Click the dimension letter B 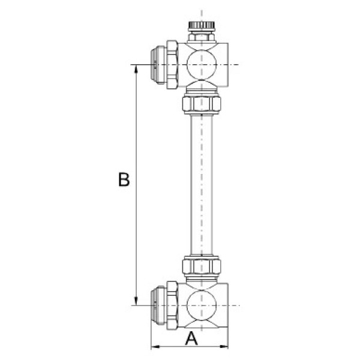click(x=124, y=180)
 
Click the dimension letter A click(x=191, y=338)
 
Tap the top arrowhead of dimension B click(x=137, y=68)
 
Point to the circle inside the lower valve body click(x=200, y=305)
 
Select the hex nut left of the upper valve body click(x=172, y=64)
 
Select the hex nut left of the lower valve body click(x=172, y=305)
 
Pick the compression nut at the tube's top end click(x=201, y=104)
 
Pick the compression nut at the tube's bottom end click(x=201, y=265)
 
